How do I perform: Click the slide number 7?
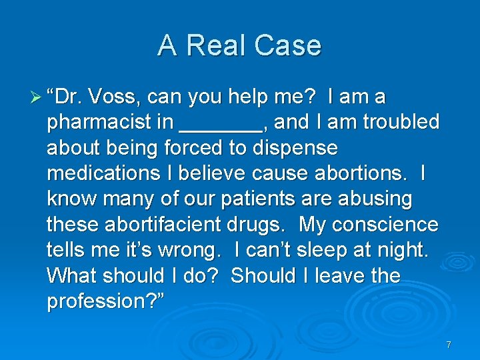[x=449, y=345]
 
